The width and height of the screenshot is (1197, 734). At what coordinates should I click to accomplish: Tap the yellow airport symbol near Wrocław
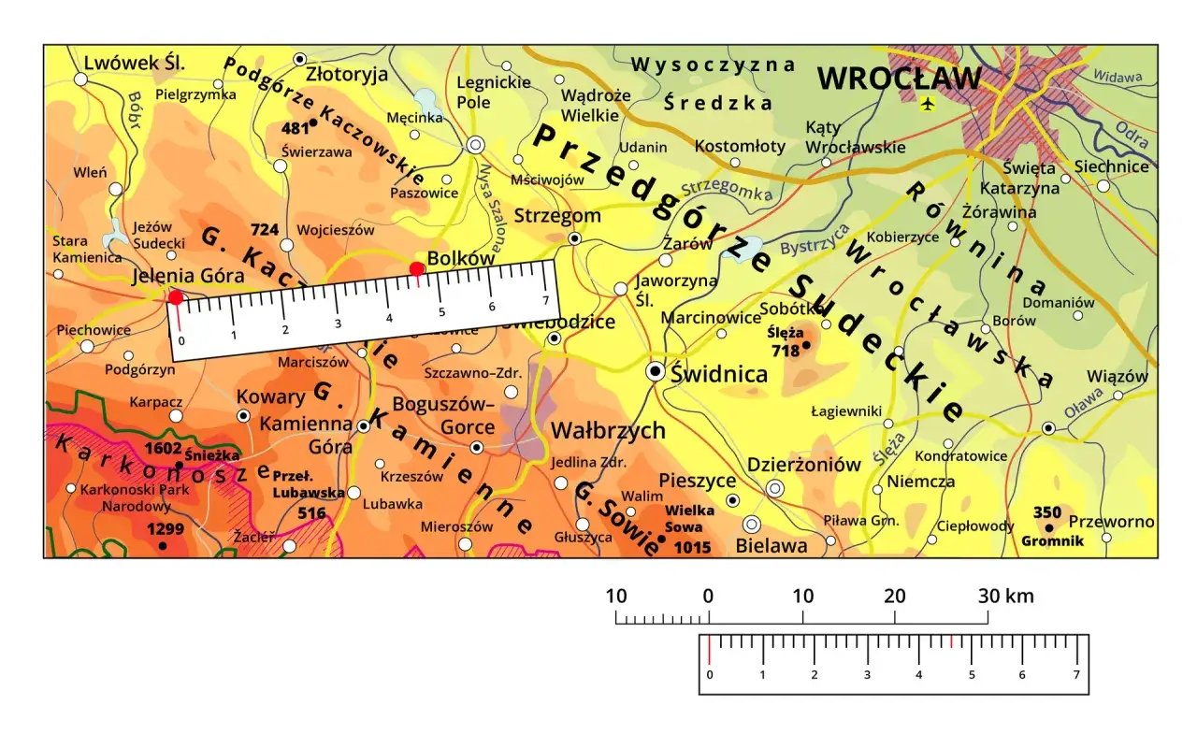coord(927,103)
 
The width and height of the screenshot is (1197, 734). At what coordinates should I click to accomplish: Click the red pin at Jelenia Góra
coord(175,297)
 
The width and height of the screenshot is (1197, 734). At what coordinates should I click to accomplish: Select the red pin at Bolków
coord(417,269)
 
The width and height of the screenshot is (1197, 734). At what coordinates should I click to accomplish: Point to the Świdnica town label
coord(719,374)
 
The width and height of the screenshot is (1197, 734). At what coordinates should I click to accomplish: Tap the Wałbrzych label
coord(608,431)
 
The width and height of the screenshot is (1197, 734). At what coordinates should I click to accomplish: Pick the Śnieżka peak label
coord(212,455)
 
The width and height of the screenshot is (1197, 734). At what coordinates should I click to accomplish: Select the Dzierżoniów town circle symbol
coord(775,488)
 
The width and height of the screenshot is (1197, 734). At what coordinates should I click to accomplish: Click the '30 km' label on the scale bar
coord(1005,597)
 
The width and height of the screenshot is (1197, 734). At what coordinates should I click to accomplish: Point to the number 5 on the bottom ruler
coord(972,675)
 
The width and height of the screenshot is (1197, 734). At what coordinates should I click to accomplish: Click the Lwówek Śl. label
coord(135,63)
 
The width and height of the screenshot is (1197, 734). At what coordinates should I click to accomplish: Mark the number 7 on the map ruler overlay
coord(544,300)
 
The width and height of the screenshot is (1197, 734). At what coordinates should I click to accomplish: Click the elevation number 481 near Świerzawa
coord(295,129)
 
